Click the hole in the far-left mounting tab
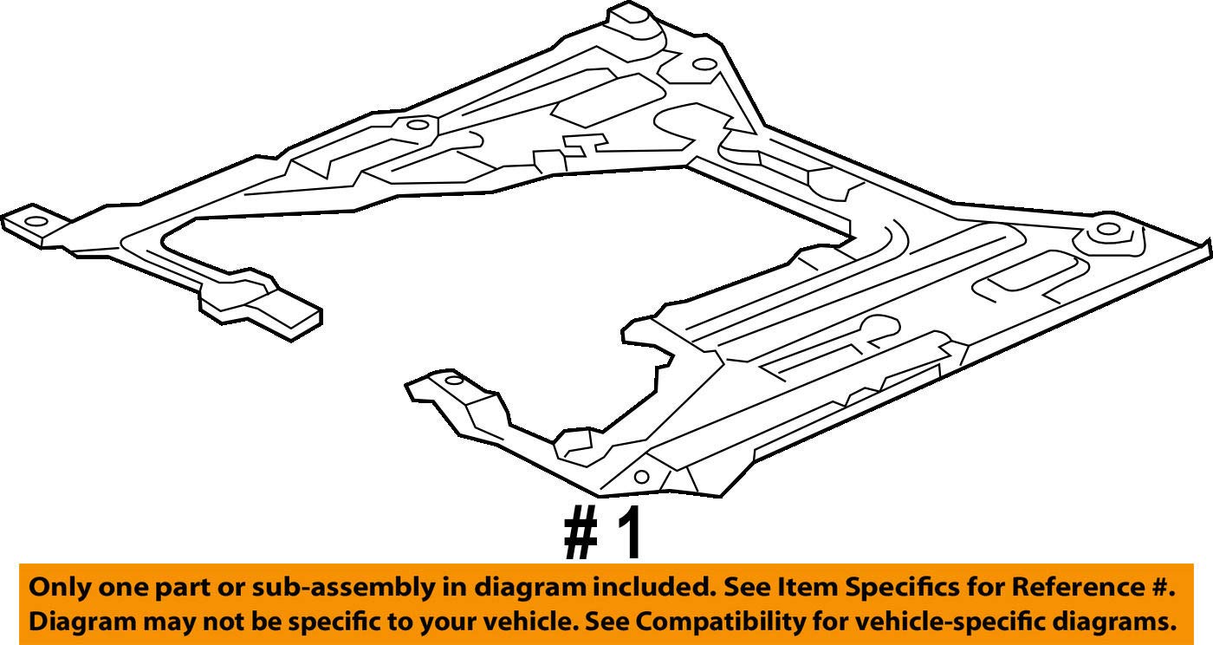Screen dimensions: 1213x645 tap(35, 221)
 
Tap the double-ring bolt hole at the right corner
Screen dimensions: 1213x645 tap(1107, 230)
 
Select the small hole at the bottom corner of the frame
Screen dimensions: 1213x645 tap(641, 476)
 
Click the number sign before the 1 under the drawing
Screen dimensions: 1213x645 tap(581, 534)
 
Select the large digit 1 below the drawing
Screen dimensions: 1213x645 tap(630, 534)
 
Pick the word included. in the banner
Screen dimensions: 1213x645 tap(648, 587)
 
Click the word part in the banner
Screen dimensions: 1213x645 tap(164, 588)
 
